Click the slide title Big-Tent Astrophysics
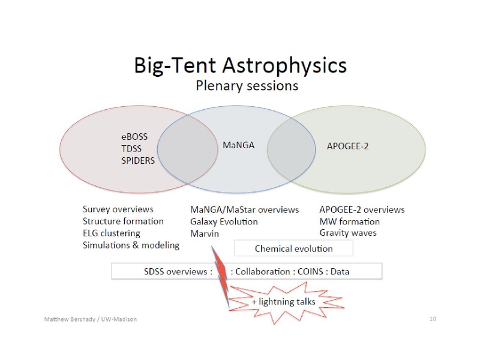241,66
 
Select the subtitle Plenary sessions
247,86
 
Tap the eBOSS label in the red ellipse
134,137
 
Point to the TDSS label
131,148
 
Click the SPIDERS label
138,160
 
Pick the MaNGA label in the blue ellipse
238,145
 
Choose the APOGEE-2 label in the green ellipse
347,146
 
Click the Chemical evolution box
293,248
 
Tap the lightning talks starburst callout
287,302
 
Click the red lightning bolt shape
221,272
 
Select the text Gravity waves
348,233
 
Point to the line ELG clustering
112,233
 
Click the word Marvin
205,233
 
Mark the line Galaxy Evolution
224,221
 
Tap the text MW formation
350,221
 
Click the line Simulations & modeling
131,245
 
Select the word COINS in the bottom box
310,272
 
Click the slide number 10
433,319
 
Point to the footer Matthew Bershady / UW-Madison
91,319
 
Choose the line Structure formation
123,221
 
